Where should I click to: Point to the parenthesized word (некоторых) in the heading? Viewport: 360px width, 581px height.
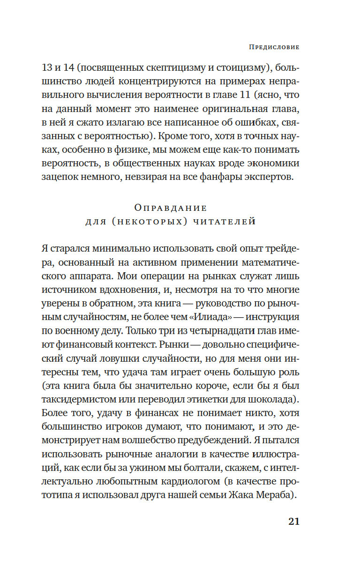[153, 222]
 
